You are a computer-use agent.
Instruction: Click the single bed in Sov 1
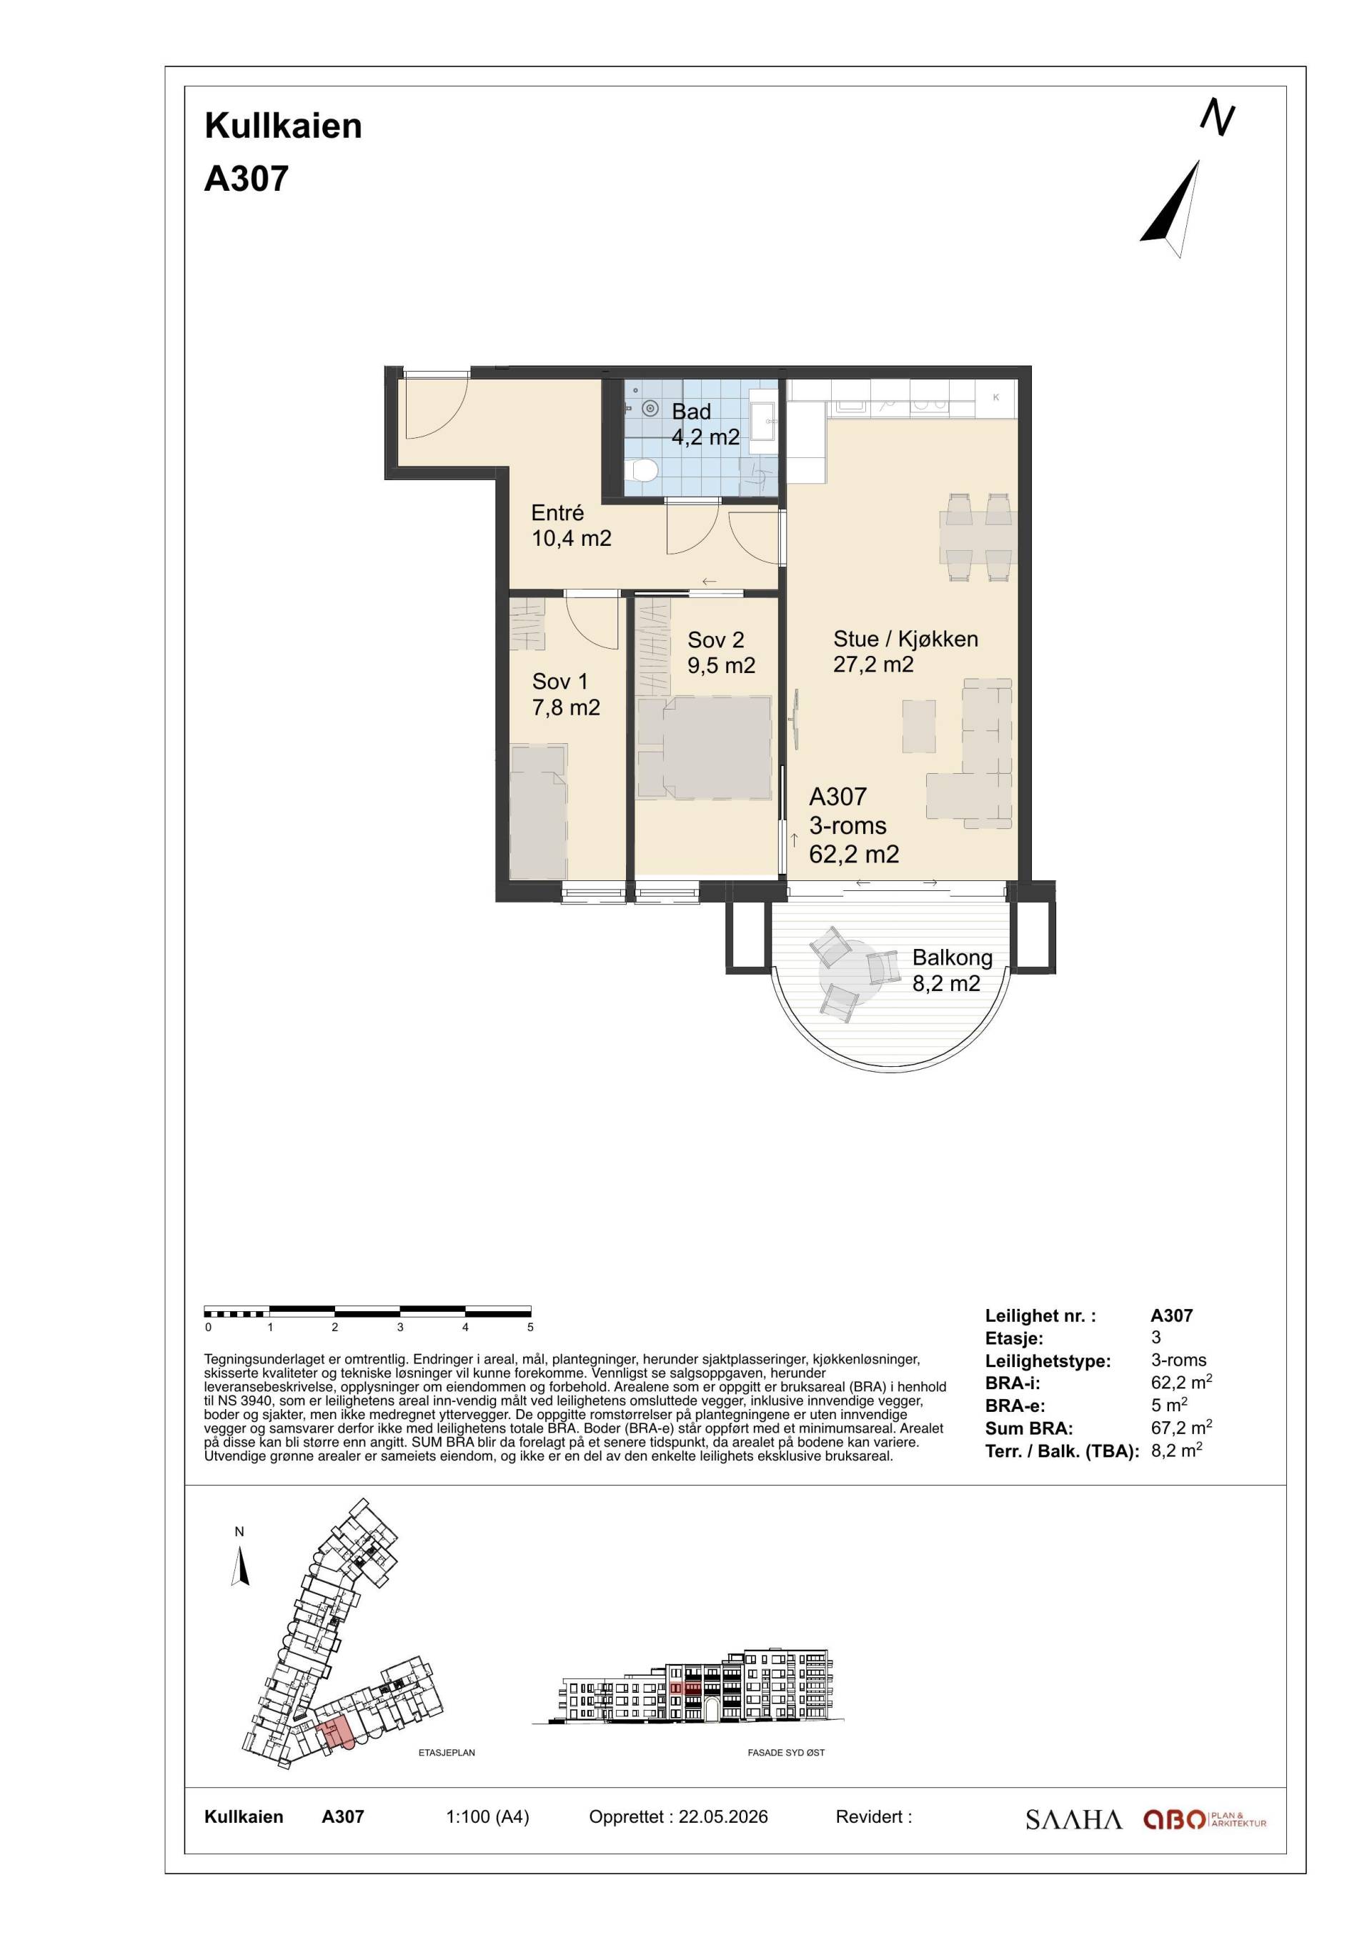[x=539, y=812]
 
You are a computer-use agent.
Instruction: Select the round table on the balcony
[x=852, y=973]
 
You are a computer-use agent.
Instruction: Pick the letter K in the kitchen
[x=996, y=397]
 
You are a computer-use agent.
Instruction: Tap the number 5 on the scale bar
[x=530, y=1328]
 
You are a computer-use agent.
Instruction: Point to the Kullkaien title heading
[x=283, y=126]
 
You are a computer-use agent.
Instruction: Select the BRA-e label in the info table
[x=1015, y=1406]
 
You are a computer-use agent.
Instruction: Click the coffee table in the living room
[x=918, y=726]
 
